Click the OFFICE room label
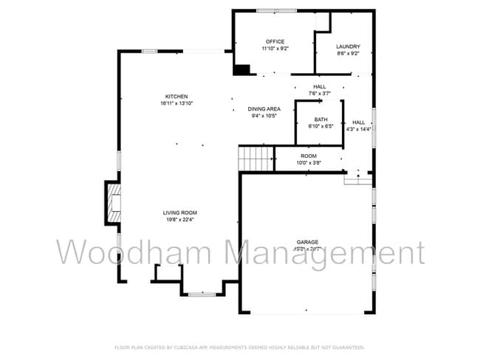pyautogui.click(x=275, y=41)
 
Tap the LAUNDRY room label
pyautogui.click(x=348, y=46)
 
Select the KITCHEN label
pyautogui.click(x=176, y=97)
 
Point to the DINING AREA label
pyautogui.click(x=264, y=108)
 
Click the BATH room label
pyautogui.click(x=320, y=119)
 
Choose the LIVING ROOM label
pyautogui.click(x=180, y=212)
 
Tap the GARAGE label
pyautogui.click(x=307, y=242)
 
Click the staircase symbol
pyautogui.click(x=256, y=157)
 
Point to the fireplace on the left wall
pyautogui.click(x=113, y=202)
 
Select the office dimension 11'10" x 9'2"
pyautogui.click(x=275, y=49)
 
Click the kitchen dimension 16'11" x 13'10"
pyautogui.click(x=176, y=103)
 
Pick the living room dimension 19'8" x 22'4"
pyautogui.click(x=180, y=219)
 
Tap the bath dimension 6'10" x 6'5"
pyautogui.click(x=320, y=126)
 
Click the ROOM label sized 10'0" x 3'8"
pyautogui.click(x=308, y=156)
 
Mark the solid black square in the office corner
pyautogui.click(x=241, y=69)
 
